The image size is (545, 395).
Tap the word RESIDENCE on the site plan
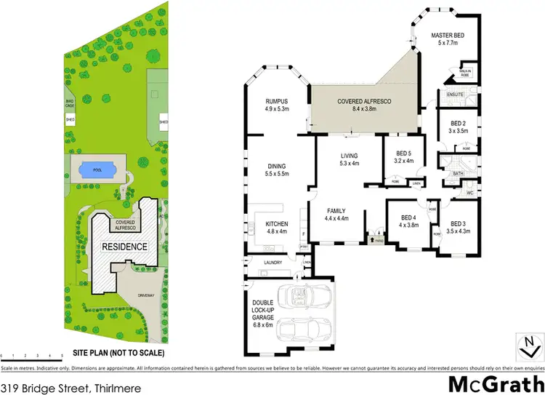point(124,246)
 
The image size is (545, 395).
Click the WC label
point(470,193)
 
